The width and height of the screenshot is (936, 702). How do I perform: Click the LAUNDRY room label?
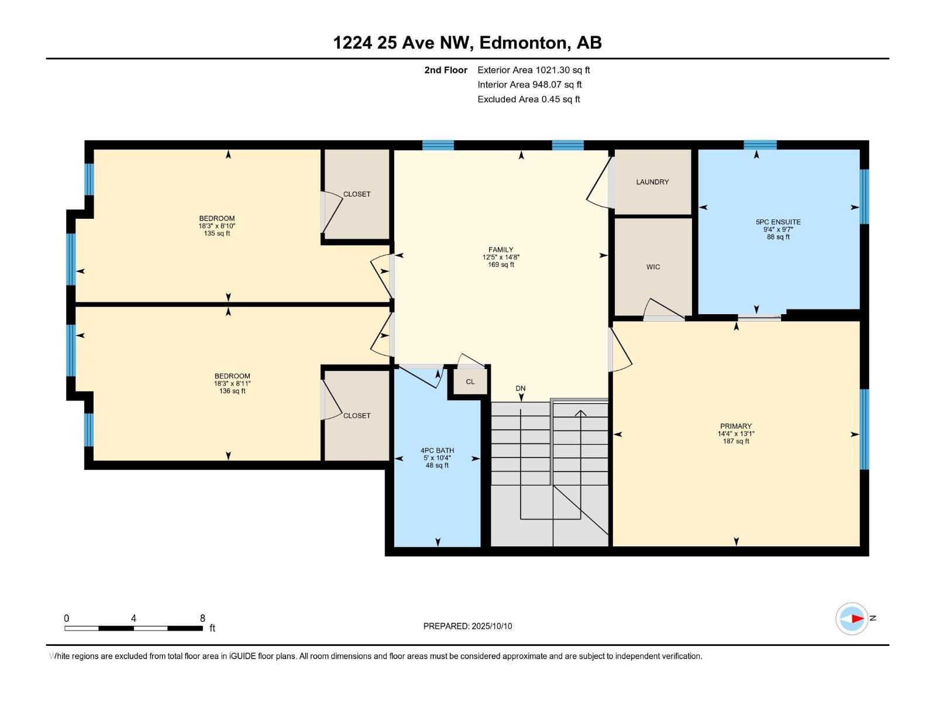tap(652, 182)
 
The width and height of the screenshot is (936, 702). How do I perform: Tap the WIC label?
tap(653, 267)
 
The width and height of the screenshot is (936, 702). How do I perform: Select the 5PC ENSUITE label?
tap(778, 222)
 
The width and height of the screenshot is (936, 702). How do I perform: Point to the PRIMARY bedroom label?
tap(735, 426)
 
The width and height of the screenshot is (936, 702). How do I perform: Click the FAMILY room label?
tap(501, 250)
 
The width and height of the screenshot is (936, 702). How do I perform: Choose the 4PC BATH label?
tap(437, 450)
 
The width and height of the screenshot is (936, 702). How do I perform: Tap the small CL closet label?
tap(470, 381)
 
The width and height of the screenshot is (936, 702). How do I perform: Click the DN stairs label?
tap(520, 388)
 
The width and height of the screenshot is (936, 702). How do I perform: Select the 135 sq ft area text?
tap(216, 233)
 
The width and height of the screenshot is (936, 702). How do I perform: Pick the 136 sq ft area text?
tap(232, 391)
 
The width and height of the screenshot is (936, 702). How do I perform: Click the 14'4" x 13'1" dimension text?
tap(735, 433)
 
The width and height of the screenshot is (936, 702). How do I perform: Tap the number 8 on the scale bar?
tap(202, 618)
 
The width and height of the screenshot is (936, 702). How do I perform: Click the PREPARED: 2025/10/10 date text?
tap(467, 626)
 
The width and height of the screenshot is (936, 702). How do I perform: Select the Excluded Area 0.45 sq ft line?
tap(528, 99)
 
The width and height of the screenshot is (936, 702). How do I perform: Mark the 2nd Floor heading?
tap(446, 70)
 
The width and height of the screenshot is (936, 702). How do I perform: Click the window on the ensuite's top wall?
tap(760, 145)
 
